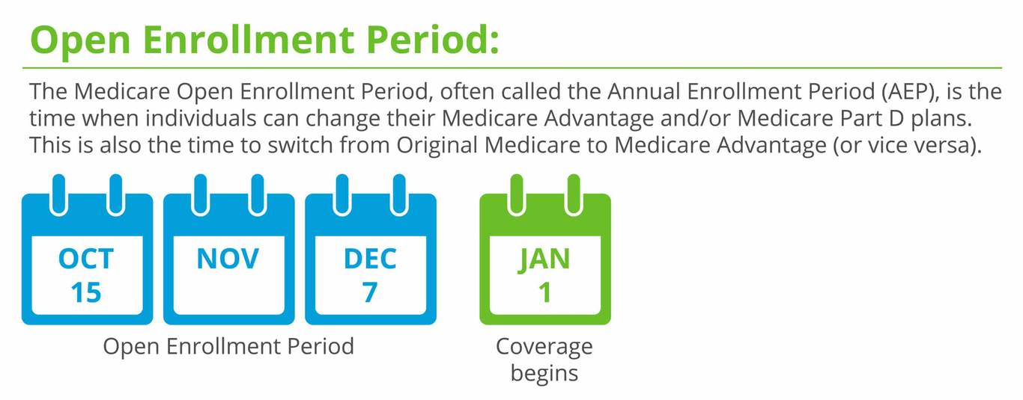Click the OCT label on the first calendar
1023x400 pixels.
coord(86,259)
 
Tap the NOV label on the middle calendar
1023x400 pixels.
coord(228,259)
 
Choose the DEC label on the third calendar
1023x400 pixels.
coord(370,259)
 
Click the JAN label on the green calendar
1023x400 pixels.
coord(544,259)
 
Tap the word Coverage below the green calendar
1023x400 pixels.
coord(544,347)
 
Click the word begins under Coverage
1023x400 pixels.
coord(544,372)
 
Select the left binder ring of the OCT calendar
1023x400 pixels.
coord(58,193)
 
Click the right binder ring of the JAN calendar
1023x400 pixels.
coord(573,193)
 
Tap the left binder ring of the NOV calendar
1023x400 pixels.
coord(200,193)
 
